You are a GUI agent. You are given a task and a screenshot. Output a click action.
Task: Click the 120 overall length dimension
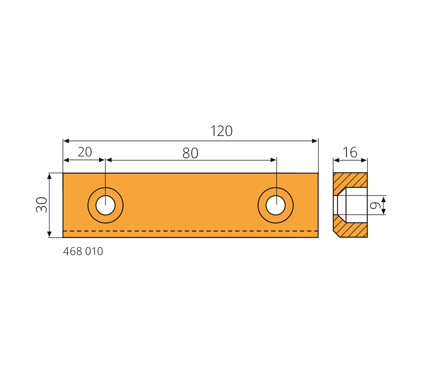point(221,131)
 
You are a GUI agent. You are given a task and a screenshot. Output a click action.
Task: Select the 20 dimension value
point(85,152)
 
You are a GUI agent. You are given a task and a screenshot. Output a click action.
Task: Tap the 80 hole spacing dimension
point(190,153)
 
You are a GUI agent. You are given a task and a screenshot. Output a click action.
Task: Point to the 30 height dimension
point(42,205)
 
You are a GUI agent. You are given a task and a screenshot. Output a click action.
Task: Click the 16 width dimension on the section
point(350,152)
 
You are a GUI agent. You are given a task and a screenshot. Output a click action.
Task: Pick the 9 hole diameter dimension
point(375,205)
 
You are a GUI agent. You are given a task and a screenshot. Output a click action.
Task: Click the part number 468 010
point(83,251)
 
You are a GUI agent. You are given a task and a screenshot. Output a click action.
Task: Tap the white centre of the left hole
point(106,205)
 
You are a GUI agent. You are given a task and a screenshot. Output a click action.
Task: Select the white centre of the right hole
point(275,205)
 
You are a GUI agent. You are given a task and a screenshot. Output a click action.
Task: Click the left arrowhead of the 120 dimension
point(66,141)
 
